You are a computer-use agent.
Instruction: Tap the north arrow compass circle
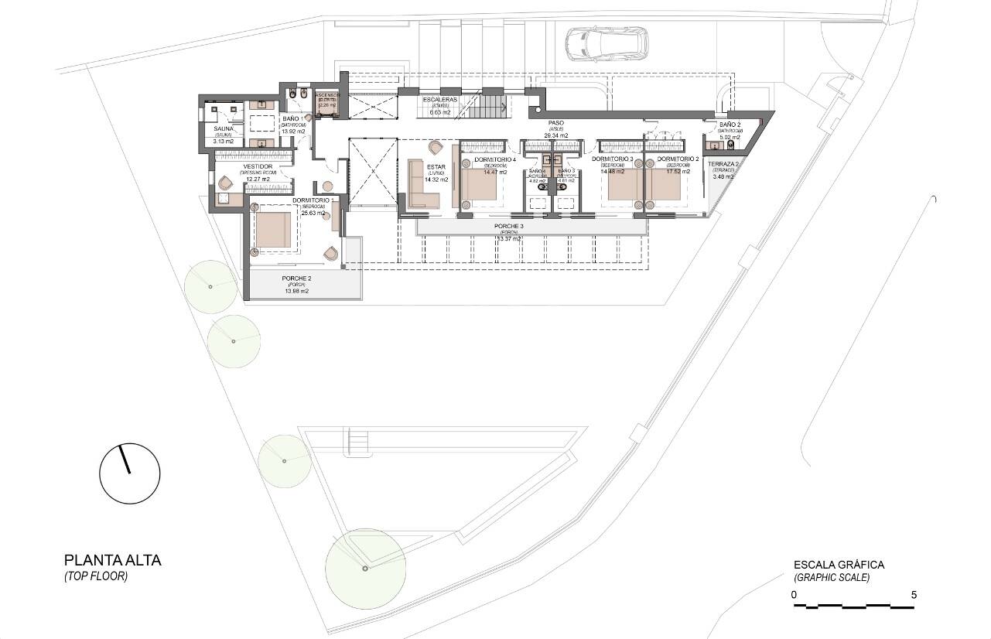[x=129, y=472]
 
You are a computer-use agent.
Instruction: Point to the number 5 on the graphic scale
[x=914, y=595]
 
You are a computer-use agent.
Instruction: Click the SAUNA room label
[x=224, y=128]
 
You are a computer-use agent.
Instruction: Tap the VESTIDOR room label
[x=257, y=166]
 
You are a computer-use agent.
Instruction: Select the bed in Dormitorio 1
[x=272, y=230]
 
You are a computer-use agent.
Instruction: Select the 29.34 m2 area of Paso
[x=556, y=135]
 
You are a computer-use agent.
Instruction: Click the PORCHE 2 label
[x=296, y=278]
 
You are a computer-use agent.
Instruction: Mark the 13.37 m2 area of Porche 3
[x=511, y=239]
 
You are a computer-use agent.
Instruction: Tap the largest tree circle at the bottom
[x=365, y=568]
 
